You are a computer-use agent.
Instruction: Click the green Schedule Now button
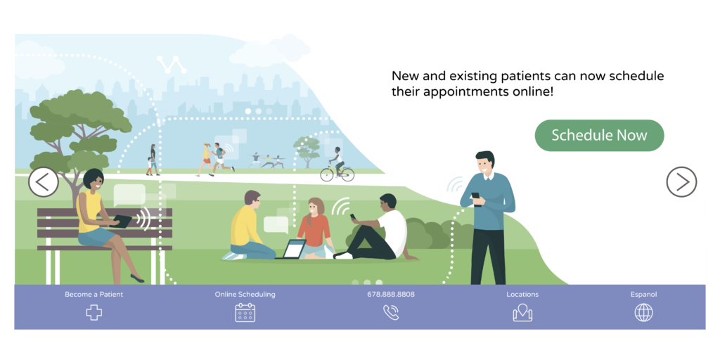(x=599, y=136)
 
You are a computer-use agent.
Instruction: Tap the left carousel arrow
(x=44, y=182)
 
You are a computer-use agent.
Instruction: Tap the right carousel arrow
(x=681, y=182)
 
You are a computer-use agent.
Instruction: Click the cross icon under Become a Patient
(x=94, y=313)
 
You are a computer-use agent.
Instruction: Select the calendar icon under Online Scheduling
(x=245, y=312)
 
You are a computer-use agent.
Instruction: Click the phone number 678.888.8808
(x=391, y=295)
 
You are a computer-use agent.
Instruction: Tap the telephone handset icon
(x=391, y=312)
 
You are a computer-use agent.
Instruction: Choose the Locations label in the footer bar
(x=522, y=295)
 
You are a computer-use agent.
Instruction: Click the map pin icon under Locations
(x=522, y=313)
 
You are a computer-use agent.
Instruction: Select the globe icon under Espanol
(x=644, y=313)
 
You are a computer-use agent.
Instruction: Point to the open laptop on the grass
(x=292, y=250)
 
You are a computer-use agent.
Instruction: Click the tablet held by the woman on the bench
(x=121, y=221)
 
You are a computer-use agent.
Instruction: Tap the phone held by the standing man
(x=476, y=197)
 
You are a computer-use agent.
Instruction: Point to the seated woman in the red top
(x=314, y=228)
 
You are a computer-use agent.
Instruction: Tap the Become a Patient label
(x=94, y=295)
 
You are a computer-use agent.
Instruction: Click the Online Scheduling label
(x=245, y=295)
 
